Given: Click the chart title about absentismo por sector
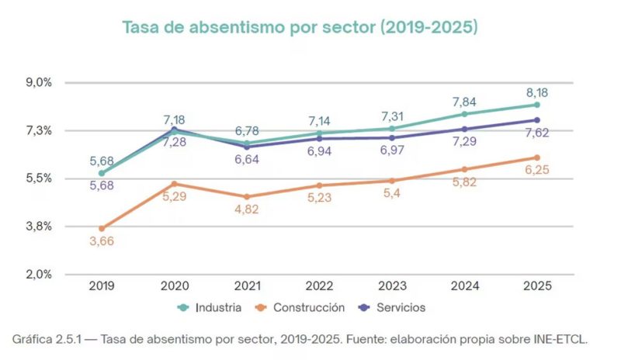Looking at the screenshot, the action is pyautogui.click(x=300, y=27).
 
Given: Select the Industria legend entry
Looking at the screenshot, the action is pyautogui.click(x=210, y=308).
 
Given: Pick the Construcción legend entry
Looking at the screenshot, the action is pyautogui.click(x=300, y=308).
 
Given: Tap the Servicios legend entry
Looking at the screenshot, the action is pyautogui.click(x=391, y=308).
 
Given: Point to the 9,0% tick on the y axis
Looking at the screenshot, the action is pyautogui.click(x=40, y=82).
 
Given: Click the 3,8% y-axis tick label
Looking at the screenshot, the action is pyautogui.click(x=40, y=226).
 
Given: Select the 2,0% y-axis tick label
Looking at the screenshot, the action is pyautogui.click(x=40, y=274).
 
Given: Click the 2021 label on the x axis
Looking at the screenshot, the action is pyautogui.click(x=247, y=286).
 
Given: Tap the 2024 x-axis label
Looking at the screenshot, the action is pyautogui.click(x=465, y=286).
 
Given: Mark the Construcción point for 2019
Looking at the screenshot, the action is pyautogui.click(x=102, y=229).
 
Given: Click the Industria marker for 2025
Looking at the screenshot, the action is pyautogui.click(x=537, y=105).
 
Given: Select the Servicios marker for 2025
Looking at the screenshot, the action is pyautogui.click(x=537, y=120).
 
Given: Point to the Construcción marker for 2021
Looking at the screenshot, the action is pyautogui.click(x=247, y=197).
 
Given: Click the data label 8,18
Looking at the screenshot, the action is pyautogui.click(x=537, y=92).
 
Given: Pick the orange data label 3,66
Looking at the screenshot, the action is pyautogui.click(x=102, y=241).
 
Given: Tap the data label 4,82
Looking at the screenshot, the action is pyautogui.click(x=247, y=209).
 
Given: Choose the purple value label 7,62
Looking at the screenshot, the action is pyautogui.click(x=537, y=133).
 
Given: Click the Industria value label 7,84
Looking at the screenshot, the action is pyautogui.click(x=464, y=102).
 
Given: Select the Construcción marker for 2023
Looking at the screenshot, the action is pyautogui.click(x=392, y=181).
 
